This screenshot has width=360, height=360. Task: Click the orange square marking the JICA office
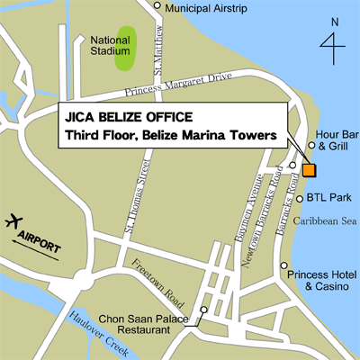[309, 170]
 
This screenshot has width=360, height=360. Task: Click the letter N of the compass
[335, 21]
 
